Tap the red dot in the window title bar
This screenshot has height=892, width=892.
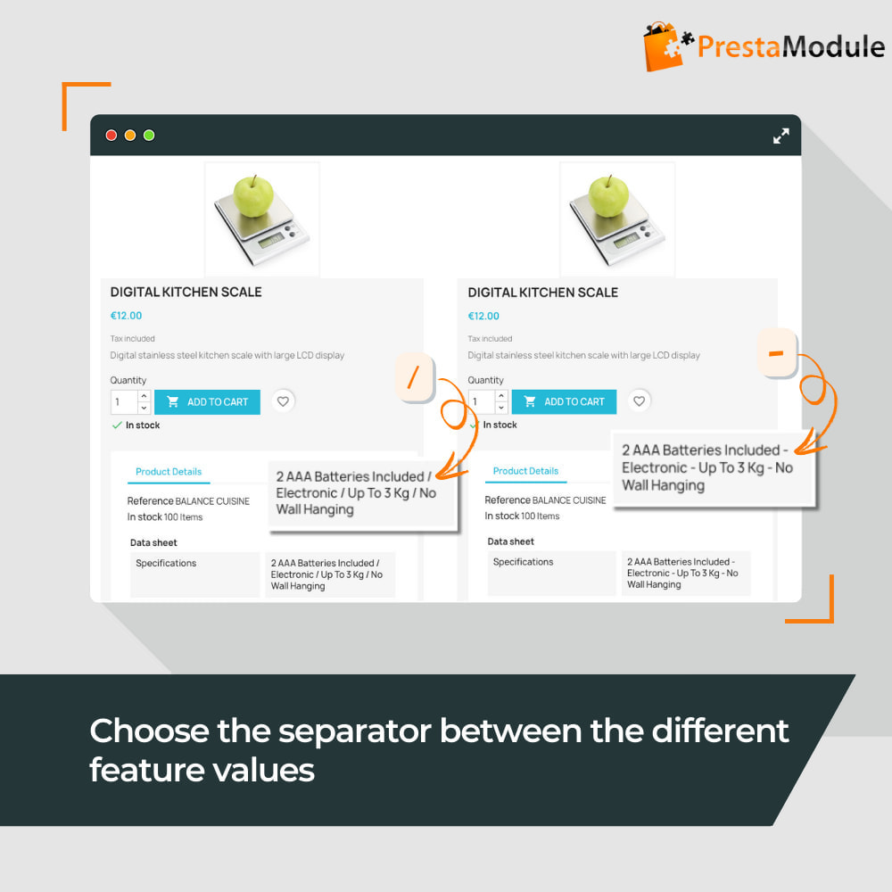[x=111, y=136]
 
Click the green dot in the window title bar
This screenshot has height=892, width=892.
[x=149, y=136]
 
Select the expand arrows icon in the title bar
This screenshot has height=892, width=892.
[x=781, y=136]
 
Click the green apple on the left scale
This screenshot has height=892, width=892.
[x=253, y=195]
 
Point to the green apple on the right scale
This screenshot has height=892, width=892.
[x=608, y=195]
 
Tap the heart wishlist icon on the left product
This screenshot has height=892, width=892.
[x=283, y=401]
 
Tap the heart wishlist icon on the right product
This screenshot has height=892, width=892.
[x=640, y=401]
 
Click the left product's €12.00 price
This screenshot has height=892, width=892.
[x=126, y=316]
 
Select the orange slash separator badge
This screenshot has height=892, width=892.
[x=415, y=377]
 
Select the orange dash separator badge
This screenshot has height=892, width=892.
[x=777, y=352]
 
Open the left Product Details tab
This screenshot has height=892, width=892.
[x=169, y=472]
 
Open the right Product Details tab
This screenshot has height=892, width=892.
[x=525, y=471]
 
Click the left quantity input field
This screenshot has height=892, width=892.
[x=124, y=402]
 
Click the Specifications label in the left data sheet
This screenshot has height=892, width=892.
[x=166, y=563]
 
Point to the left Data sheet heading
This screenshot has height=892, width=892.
[x=153, y=542]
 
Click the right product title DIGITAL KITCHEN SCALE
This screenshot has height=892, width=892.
[x=542, y=293]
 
